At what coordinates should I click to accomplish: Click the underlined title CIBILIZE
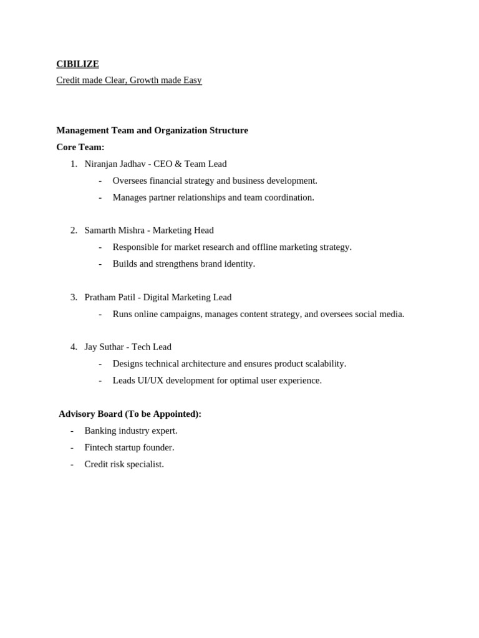[77, 64]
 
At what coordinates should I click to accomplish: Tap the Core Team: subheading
[80, 147]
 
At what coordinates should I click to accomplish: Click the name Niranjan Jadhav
[115, 164]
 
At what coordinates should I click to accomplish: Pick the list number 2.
[74, 231]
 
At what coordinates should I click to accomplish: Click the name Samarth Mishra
[114, 231]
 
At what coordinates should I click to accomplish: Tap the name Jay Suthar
[104, 347]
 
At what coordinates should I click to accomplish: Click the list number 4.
[74, 347]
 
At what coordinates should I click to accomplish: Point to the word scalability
[322, 364]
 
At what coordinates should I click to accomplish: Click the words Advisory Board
[90, 414]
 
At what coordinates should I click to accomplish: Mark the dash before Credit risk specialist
[72, 464]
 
